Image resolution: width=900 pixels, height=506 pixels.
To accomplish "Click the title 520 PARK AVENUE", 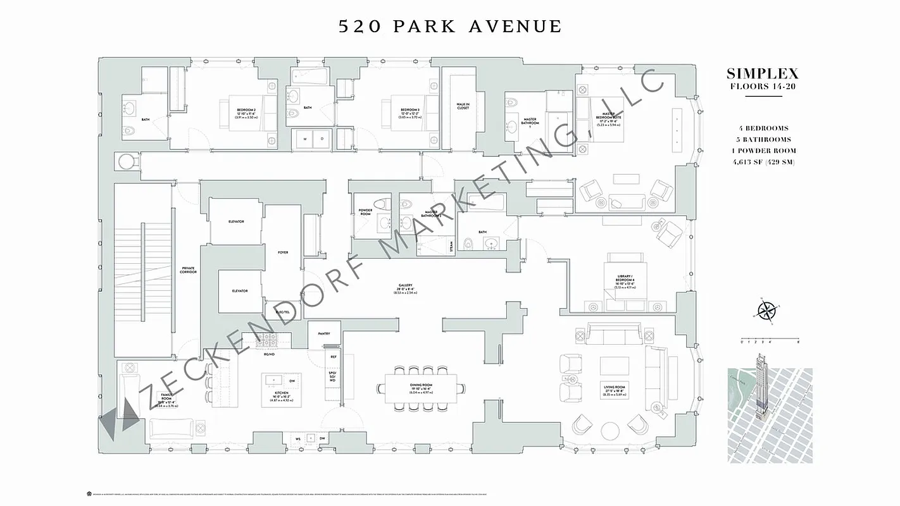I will [x=449, y=27].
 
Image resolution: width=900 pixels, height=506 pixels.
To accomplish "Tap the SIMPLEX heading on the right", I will [x=762, y=73].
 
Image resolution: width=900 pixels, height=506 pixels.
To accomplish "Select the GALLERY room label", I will [x=405, y=287].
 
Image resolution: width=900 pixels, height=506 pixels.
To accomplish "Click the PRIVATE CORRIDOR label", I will [x=188, y=269].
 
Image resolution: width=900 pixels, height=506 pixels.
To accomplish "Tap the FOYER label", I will [x=283, y=252].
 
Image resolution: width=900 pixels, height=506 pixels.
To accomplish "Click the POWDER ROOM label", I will [x=365, y=212].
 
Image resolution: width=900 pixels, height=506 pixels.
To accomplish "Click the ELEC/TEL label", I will [x=282, y=311].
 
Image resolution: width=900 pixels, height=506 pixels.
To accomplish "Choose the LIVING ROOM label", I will [x=615, y=388].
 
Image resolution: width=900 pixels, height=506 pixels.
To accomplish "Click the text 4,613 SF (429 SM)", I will [x=762, y=162].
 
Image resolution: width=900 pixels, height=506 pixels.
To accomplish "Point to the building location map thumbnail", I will [x=770, y=415].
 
